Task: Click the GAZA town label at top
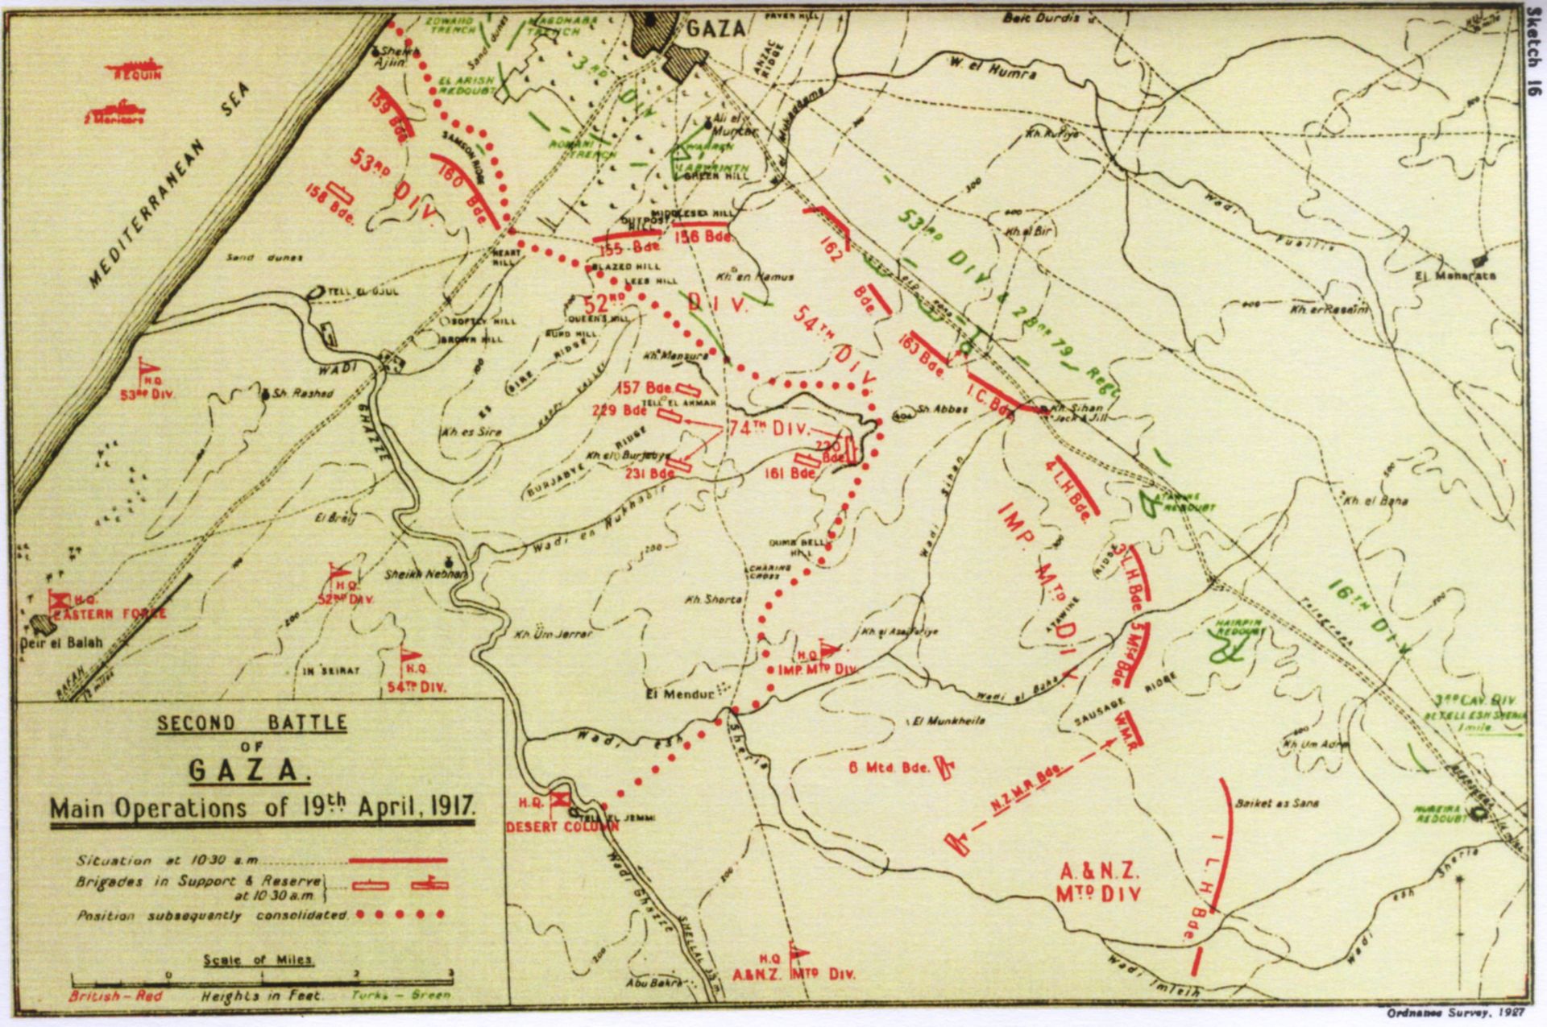point(716,29)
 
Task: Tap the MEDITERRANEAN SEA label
point(169,184)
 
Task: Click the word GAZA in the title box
point(248,771)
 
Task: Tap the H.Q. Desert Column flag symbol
point(559,799)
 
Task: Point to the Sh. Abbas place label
point(942,409)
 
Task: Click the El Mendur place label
point(681,693)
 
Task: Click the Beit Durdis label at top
point(1039,17)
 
